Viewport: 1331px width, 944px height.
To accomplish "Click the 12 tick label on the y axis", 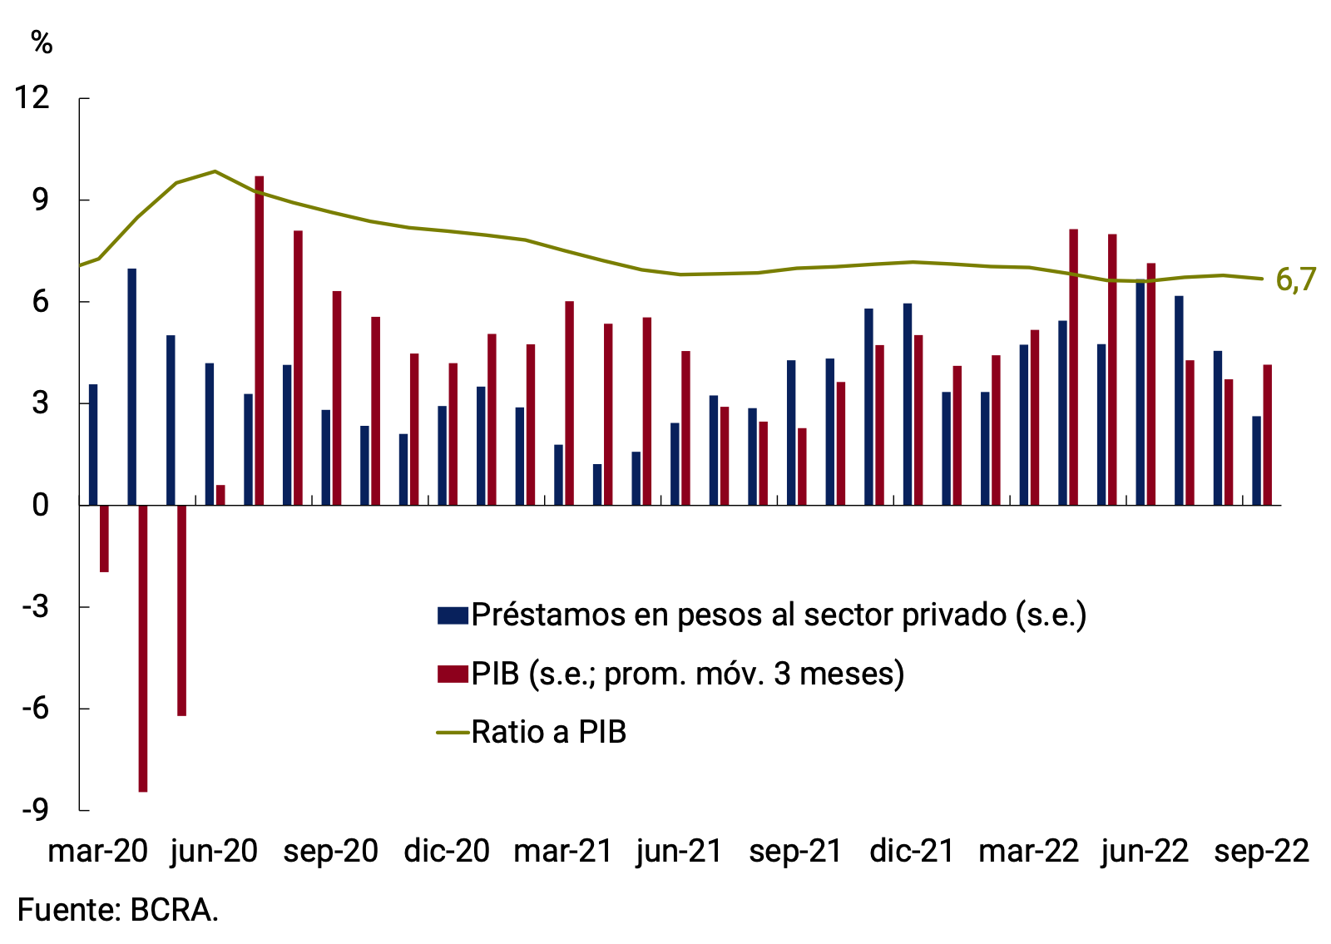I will click(32, 98).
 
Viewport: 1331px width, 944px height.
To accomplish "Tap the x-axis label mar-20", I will click(97, 851).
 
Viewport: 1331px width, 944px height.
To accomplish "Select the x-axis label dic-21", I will click(912, 851).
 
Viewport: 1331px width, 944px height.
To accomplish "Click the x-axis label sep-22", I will click(1261, 851).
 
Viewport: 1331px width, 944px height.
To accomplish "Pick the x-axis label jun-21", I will click(679, 851).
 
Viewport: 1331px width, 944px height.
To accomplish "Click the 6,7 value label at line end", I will click(1295, 280).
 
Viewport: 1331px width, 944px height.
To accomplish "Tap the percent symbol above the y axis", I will click(42, 42).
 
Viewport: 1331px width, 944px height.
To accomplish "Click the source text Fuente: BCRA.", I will click(117, 910).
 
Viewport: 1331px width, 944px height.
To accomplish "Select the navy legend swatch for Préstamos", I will click(453, 615).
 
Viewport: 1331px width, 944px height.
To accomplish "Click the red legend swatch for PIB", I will click(453, 674).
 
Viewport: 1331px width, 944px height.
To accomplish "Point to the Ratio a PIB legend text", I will click(548, 732).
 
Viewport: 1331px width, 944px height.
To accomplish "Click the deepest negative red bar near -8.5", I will click(143, 649).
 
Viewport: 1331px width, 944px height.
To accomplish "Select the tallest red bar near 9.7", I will click(260, 341).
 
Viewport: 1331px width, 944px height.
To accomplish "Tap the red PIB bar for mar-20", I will click(104, 538).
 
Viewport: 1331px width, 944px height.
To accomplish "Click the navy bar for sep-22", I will click(1256, 461).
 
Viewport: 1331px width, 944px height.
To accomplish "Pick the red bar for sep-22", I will click(1268, 435).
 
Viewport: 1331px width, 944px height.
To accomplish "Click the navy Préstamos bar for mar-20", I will click(93, 444).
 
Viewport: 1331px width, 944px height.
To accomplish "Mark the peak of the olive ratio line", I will click(215, 171).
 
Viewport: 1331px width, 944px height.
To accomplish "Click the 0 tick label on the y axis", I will click(41, 505).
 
